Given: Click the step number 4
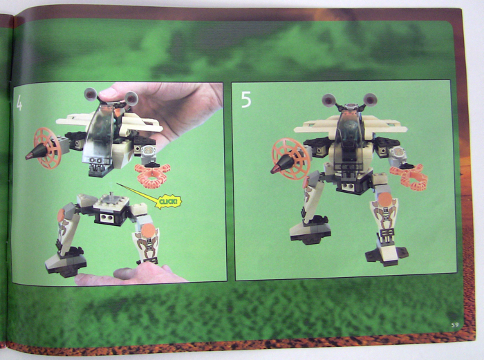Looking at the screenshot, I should click(x=20, y=104).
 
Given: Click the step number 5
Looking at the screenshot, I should click(x=246, y=101).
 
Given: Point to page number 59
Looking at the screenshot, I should click(x=447, y=324).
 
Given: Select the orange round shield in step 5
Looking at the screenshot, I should click(x=289, y=158).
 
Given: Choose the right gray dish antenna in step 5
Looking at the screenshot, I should click(x=371, y=98).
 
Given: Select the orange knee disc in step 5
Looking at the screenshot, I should click(x=382, y=201).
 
